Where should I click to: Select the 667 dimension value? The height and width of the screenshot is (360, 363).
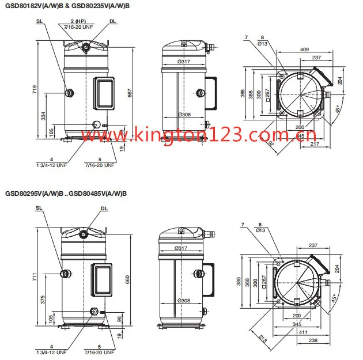[130, 92]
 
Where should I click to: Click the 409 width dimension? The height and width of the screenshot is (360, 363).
[304, 49]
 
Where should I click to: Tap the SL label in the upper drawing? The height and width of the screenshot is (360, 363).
[39, 21]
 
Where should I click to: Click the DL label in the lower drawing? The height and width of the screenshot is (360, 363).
[104, 209]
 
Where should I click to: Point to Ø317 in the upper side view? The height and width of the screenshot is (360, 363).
[184, 62]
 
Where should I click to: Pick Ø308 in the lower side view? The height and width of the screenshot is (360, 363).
[184, 301]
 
